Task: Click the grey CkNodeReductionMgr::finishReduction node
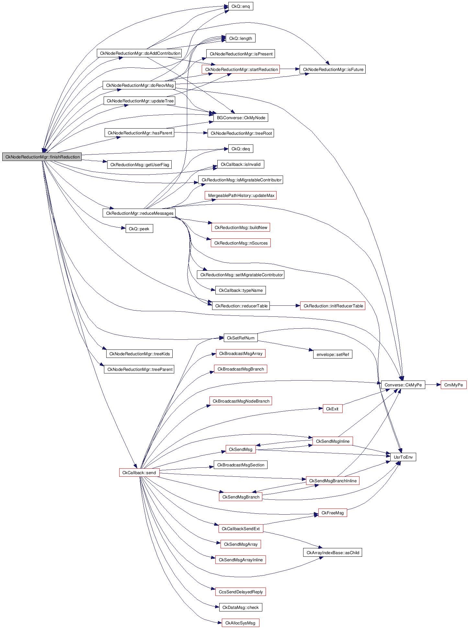42,157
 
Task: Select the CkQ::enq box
240,6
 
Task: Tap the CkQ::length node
240,38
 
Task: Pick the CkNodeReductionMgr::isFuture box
333,69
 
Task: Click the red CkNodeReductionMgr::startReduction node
241,69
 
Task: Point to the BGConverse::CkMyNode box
241,118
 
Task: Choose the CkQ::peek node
139,229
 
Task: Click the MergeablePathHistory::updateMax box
241,195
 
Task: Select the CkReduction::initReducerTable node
333,306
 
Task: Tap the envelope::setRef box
333,354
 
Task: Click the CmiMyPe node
453,385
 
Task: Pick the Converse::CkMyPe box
403,385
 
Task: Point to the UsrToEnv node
403,457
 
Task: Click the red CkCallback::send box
139,473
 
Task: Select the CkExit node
332,409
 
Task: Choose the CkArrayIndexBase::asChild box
333,553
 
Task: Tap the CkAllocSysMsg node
240,623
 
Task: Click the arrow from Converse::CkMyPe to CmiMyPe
433,385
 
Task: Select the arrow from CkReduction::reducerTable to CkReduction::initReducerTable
285,306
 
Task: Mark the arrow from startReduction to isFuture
290,69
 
